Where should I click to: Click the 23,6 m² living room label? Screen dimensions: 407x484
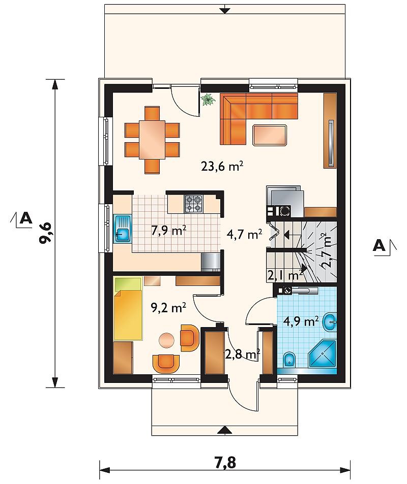(x=222, y=167)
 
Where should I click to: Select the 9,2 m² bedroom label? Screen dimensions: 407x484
(x=168, y=307)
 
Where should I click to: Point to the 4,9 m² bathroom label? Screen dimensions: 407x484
(x=301, y=321)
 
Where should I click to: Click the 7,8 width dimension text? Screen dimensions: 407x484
(x=225, y=463)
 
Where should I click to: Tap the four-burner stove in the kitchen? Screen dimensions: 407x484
(x=194, y=204)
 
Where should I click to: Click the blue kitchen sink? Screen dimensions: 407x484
(x=123, y=229)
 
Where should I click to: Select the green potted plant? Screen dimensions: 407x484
(x=208, y=100)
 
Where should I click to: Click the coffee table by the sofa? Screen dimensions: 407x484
(x=270, y=135)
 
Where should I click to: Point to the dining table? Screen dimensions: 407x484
(x=152, y=140)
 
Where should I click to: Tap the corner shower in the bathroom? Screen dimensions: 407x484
(x=322, y=354)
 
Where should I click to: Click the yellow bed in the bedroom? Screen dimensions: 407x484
(x=128, y=309)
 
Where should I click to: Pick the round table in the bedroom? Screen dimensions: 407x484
(x=166, y=340)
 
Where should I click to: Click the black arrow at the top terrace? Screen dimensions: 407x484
(x=225, y=10)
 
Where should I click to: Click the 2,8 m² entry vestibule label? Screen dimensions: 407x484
(x=242, y=354)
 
